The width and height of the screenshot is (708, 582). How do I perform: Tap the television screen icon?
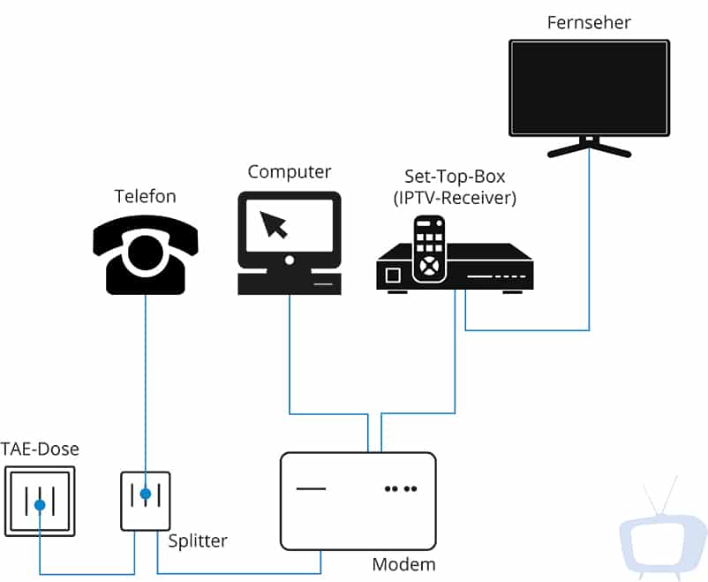coord(589,87)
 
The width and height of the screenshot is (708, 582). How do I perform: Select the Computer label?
coord(289,172)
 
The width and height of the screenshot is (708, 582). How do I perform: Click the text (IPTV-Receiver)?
coord(455,199)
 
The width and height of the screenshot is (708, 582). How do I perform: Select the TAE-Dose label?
coord(40,450)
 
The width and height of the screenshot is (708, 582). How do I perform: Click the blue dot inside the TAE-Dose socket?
coord(40,505)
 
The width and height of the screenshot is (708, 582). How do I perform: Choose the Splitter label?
coord(198,540)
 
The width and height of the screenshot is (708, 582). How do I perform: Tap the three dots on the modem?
coord(401,488)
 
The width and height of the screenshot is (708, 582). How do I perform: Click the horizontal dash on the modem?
coord(311,488)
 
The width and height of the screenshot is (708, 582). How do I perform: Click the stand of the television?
coord(589,146)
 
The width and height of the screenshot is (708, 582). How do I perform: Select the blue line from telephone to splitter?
coord(146,380)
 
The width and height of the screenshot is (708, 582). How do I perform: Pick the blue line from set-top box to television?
coord(589,265)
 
